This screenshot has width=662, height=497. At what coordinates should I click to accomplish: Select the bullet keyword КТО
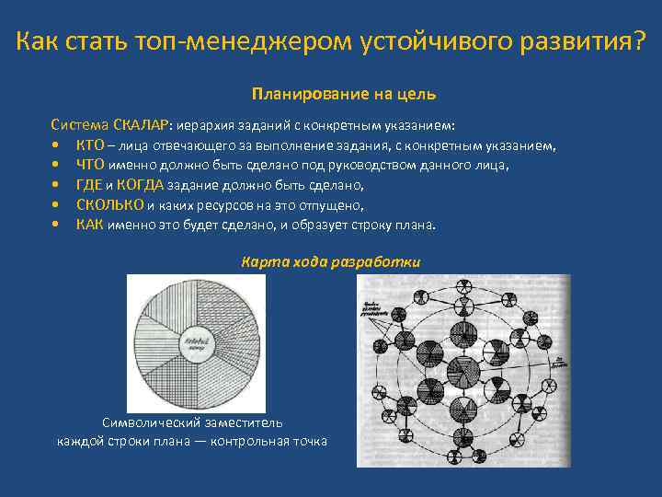coord(90,144)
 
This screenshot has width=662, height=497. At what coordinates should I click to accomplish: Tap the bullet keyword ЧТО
coord(90,165)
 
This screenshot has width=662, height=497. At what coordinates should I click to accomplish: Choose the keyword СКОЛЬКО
coord(109,205)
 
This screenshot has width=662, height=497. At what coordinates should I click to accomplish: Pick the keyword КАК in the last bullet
coord(89,225)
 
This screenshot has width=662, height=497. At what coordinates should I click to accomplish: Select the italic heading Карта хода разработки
coord(331,261)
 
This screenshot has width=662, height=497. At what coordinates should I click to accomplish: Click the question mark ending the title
coord(638,41)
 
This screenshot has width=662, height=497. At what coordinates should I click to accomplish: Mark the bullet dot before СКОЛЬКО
coord(57,205)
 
